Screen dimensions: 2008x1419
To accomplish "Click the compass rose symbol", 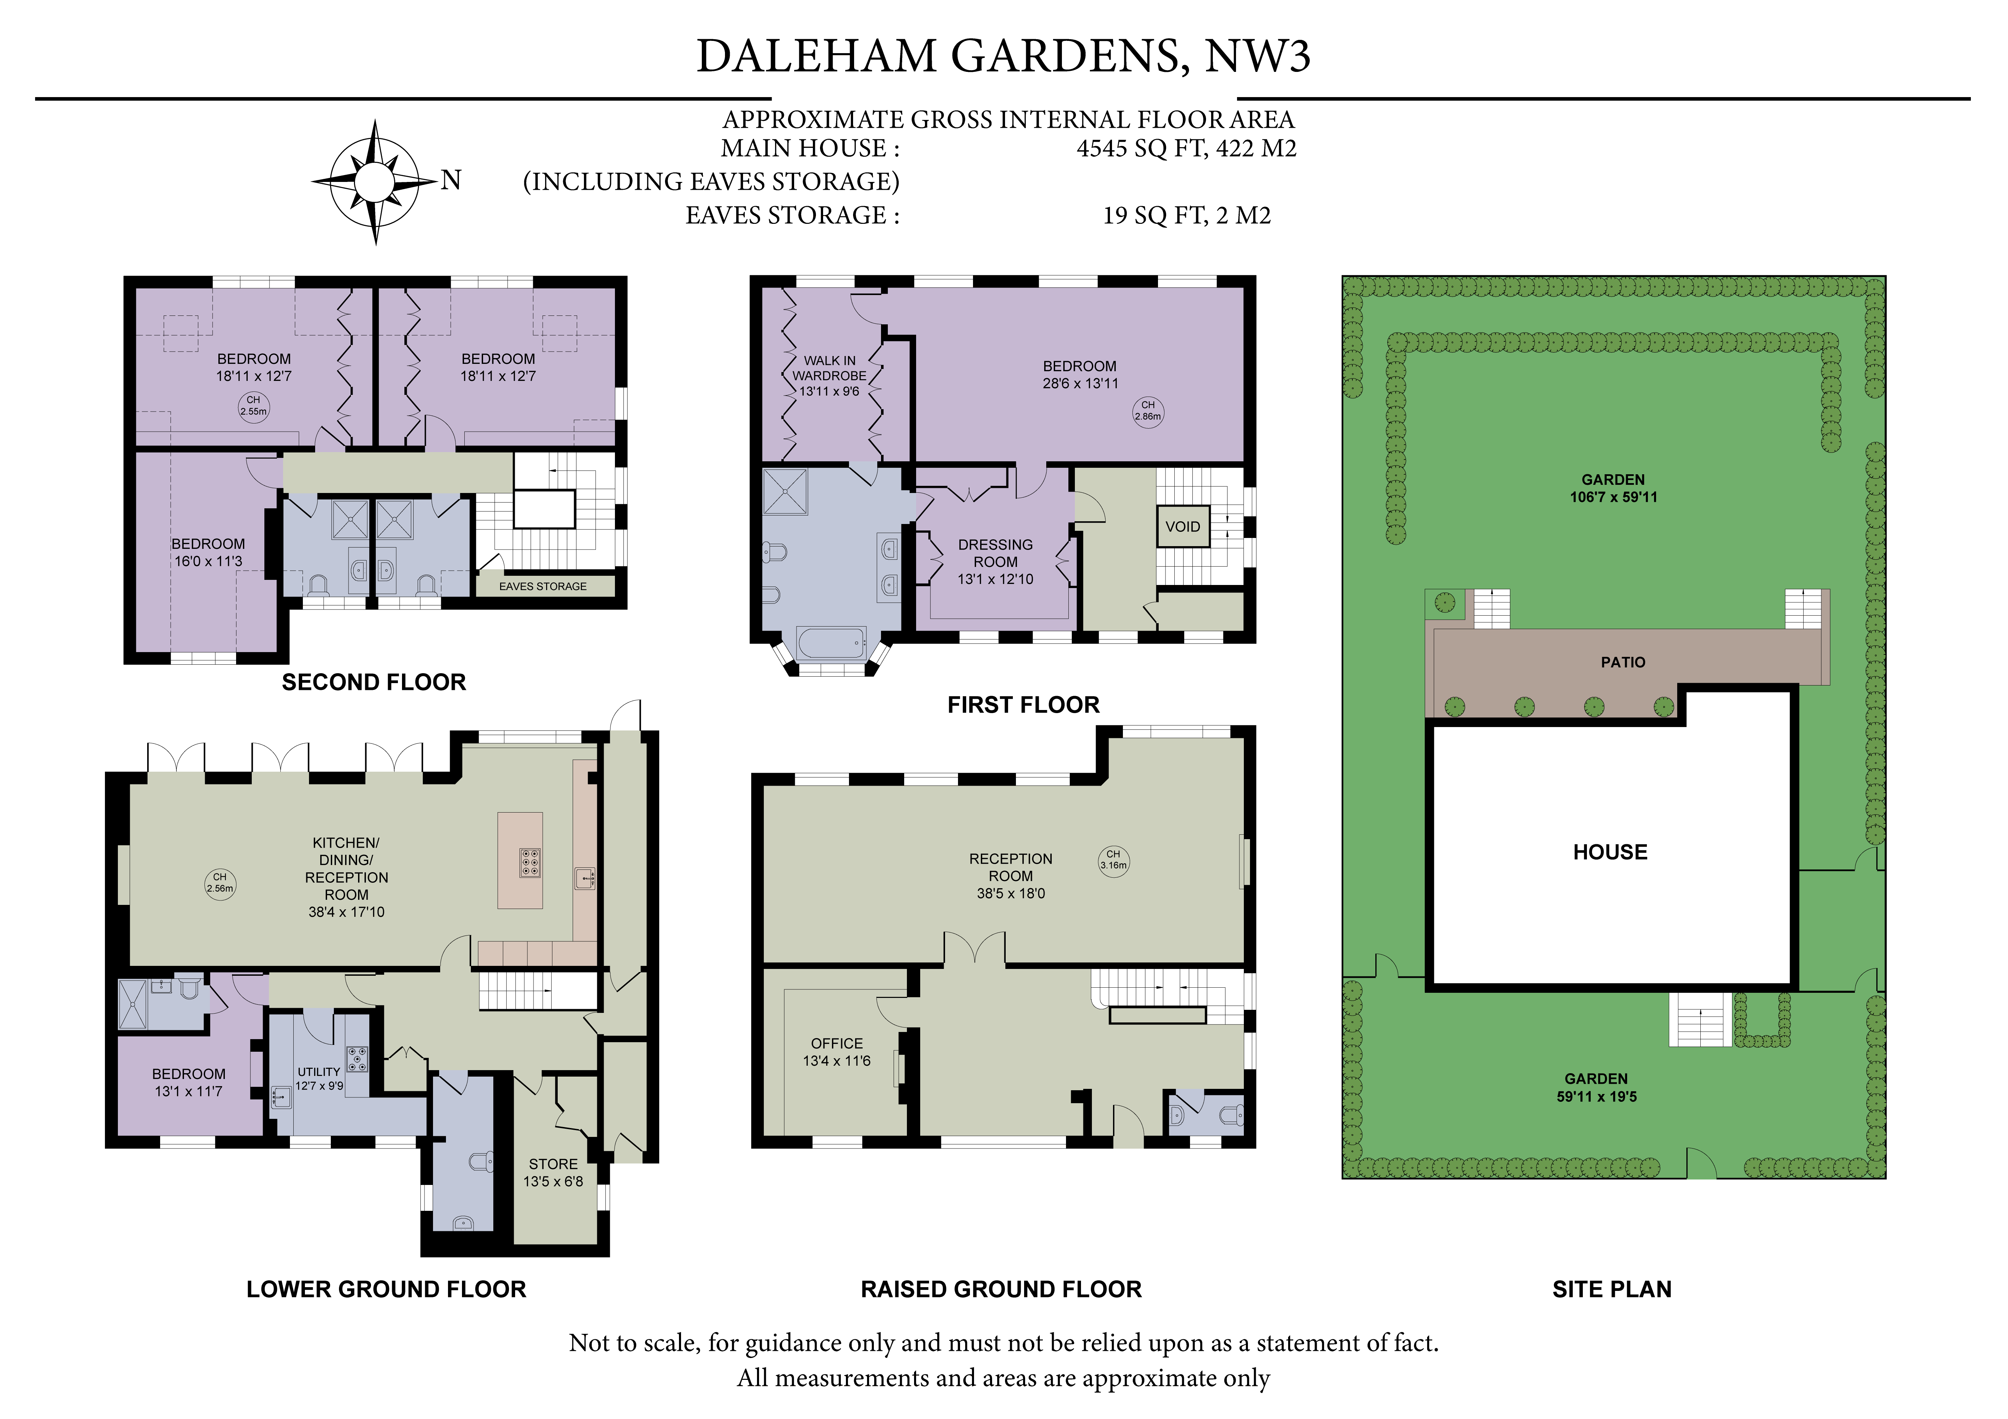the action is [x=375, y=182].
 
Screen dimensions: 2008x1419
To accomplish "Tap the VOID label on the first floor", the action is [x=1183, y=527].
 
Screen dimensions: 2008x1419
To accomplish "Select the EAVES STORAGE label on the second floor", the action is [x=543, y=586].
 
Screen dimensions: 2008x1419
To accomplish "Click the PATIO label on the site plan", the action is [x=1623, y=662].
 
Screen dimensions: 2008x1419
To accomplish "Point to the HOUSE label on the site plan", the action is [x=1610, y=852].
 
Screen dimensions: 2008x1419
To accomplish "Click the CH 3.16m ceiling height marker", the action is [x=1113, y=859].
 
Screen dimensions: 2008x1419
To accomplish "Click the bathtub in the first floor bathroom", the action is [x=831, y=645].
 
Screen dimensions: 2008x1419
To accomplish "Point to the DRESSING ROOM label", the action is [x=995, y=553].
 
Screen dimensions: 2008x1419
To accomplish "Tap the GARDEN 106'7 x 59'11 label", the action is [x=1613, y=488].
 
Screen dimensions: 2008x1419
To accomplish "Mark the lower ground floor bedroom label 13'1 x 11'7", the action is [x=189, y=1091].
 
